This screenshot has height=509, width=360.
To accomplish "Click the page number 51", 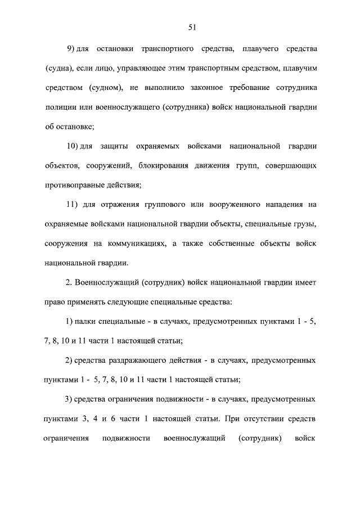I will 192,26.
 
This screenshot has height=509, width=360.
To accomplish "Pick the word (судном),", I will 105,88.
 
